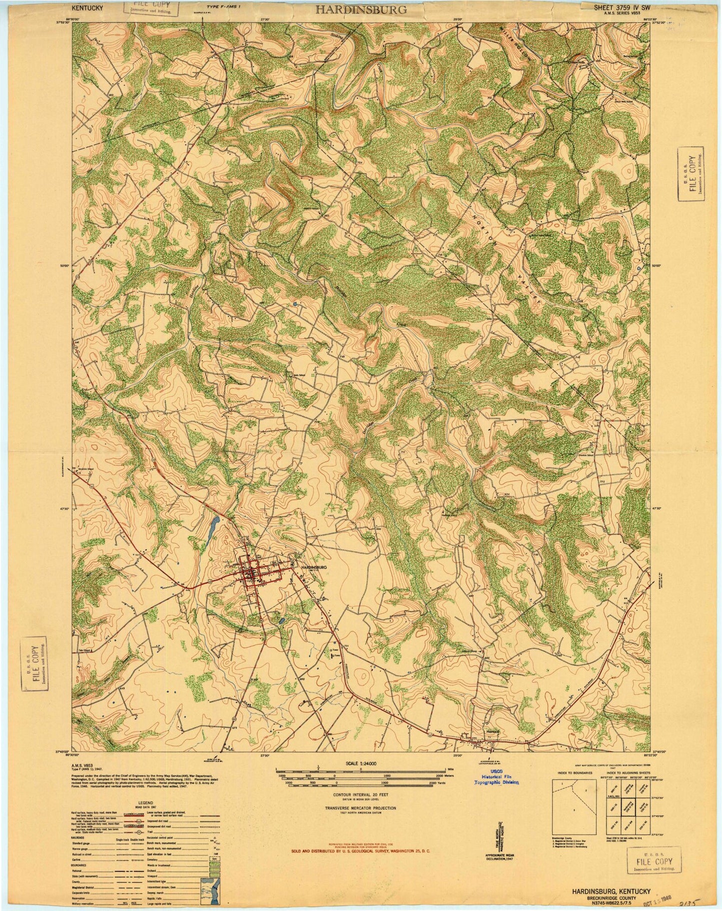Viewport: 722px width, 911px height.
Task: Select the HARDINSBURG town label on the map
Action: point(313,568)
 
